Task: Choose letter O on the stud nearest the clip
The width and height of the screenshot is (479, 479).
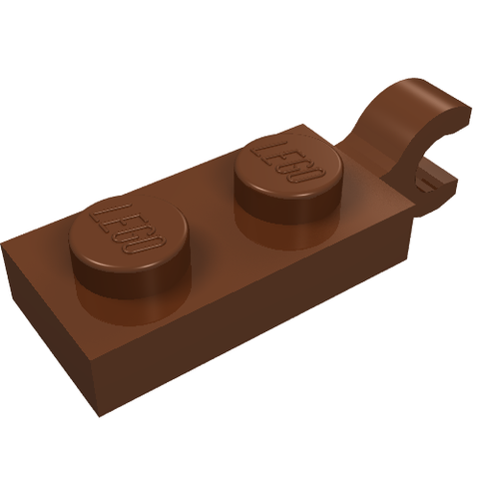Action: pyautogui.click(x=310, y=173)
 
